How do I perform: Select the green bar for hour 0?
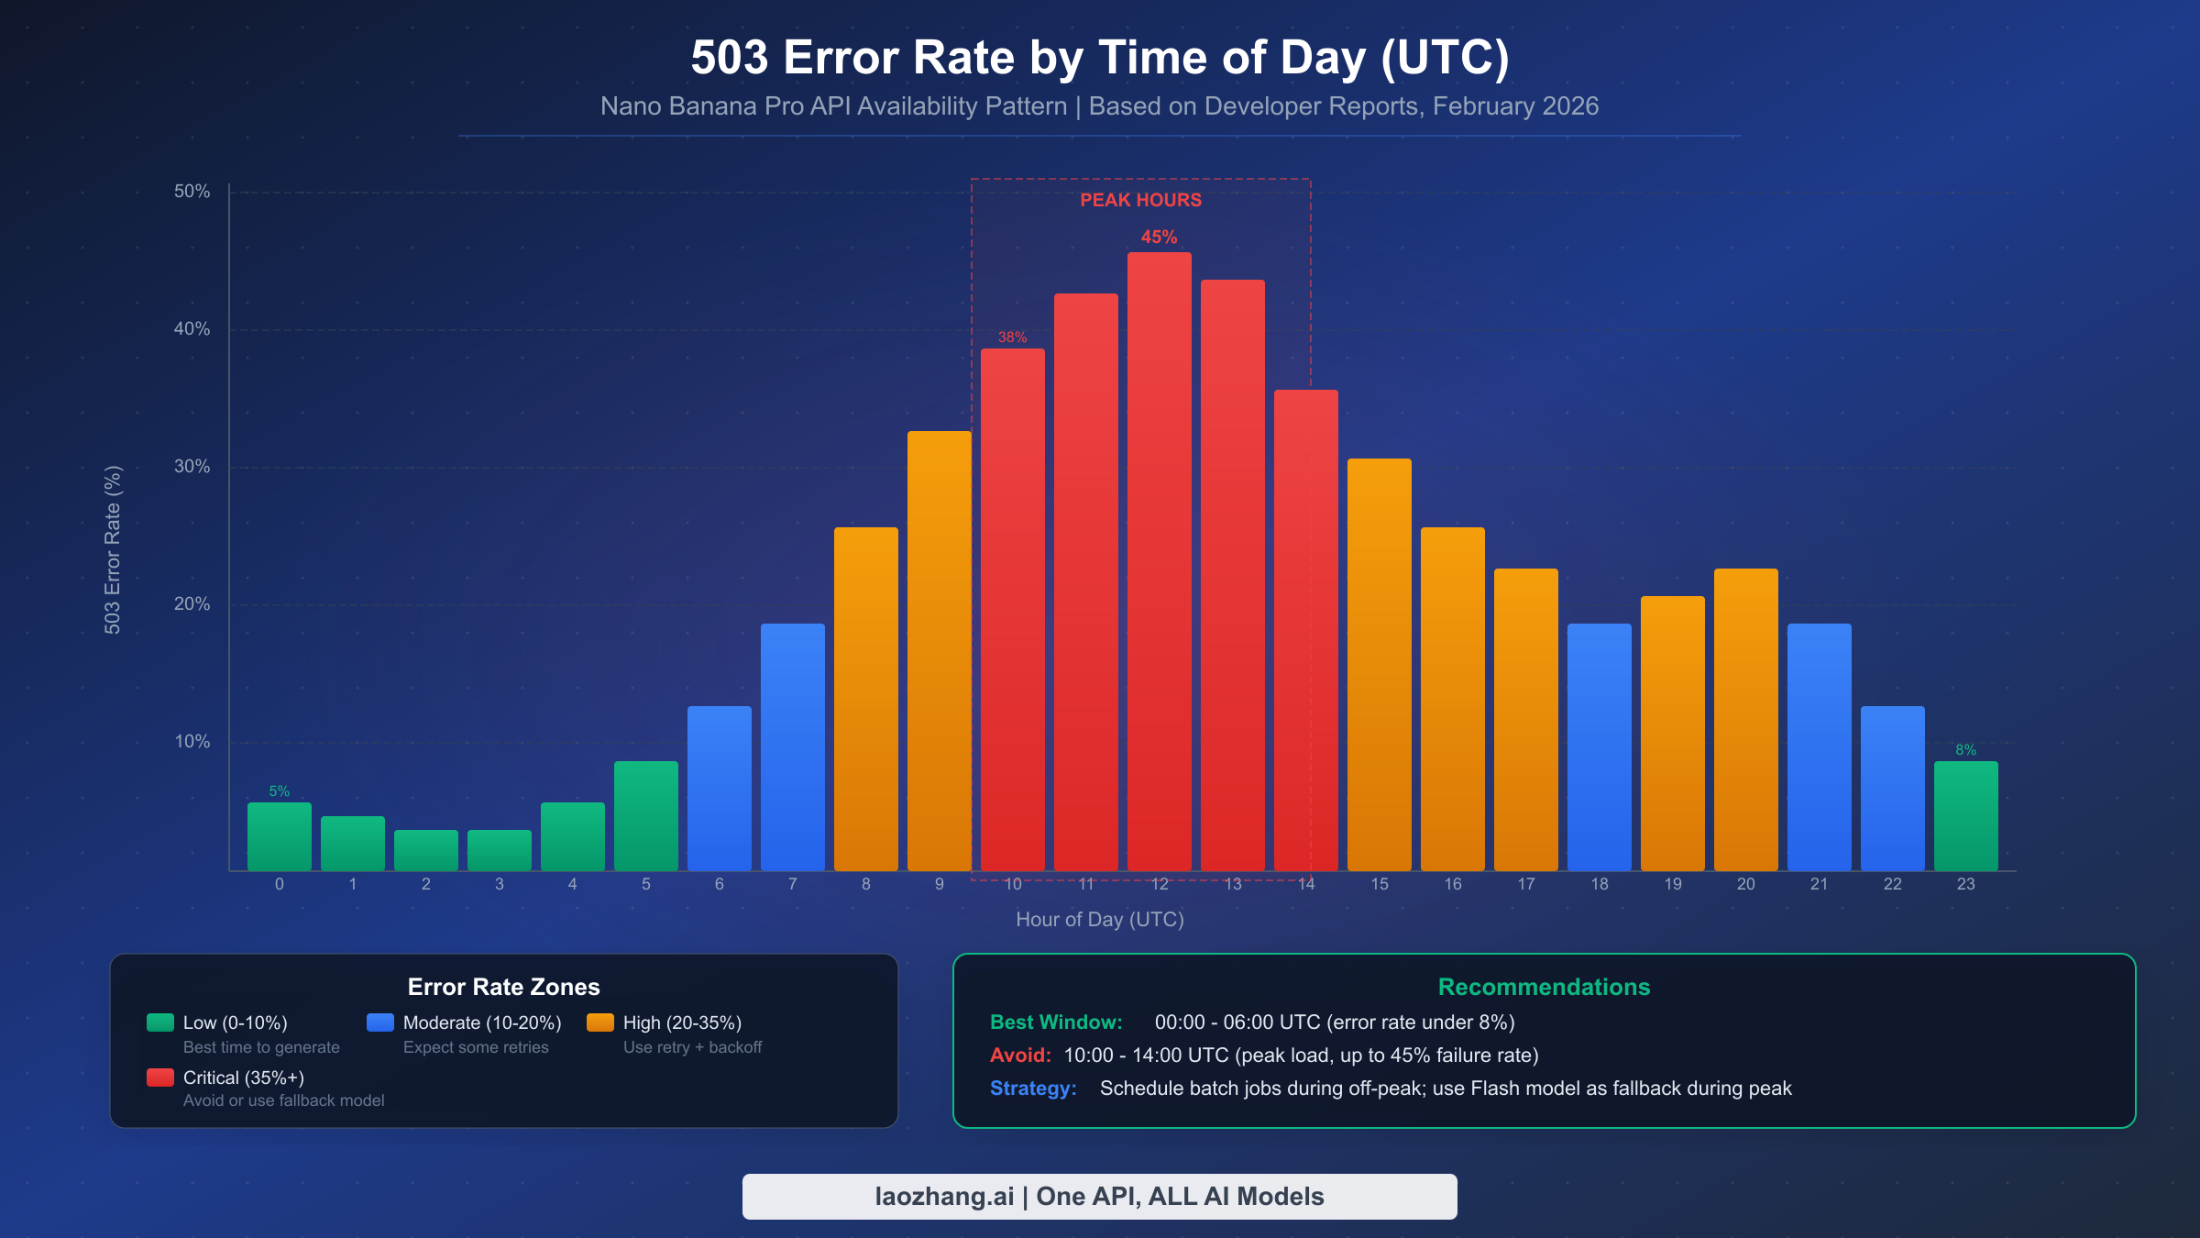280,836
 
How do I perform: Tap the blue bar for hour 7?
793,746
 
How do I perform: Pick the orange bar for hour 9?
940,651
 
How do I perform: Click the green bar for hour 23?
1966,816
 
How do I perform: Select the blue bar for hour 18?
1600,746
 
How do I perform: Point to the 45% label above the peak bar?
1159,238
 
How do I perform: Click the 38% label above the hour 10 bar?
1012,337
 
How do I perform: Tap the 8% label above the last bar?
1965,750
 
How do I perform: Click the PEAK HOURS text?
1140,200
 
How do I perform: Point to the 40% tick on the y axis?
192,329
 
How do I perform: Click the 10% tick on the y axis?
192,742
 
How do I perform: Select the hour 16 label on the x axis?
1453,884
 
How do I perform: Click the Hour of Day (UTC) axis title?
1100,920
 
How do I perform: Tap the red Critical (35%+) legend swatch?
160,1078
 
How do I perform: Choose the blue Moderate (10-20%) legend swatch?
380,1022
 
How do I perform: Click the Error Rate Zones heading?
503,988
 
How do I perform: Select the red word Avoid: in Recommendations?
1020,1056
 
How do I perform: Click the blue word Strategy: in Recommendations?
1033,1089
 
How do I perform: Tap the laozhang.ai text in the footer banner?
944,1197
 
